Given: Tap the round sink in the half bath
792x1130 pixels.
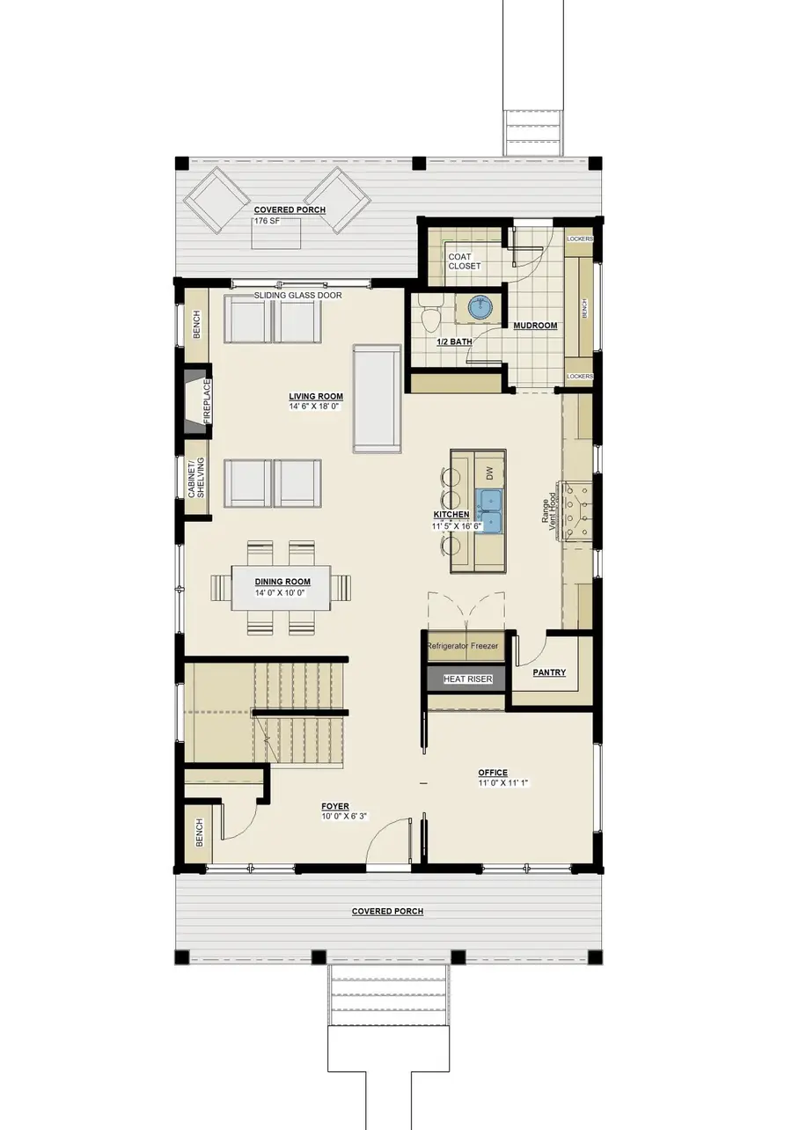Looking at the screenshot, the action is click(x=480, y=307).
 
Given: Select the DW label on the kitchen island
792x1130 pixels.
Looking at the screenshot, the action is click(x=488, y=473).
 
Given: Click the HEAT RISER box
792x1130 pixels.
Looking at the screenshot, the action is click(x=467, y=679).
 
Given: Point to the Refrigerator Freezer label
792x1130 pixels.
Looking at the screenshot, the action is click(x=463, y=646).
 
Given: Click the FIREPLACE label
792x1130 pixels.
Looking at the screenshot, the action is click(x=207, y=401).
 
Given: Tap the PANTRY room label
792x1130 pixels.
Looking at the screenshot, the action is click(x=549, y=672).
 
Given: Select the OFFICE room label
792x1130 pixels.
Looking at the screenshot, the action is click(x=493, y=773).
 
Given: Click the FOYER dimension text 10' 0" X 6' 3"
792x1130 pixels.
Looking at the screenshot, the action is click(x=344, y=816).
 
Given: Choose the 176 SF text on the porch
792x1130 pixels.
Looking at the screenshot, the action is click(x=267, y=220).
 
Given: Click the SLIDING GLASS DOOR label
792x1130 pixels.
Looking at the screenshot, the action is click(x=297, y=295).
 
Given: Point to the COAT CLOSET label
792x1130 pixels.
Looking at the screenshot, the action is click(x=464, y=261).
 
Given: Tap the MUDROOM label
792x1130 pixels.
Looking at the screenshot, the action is click(x=535, y=326).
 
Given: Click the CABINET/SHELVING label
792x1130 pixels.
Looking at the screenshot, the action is click(x=196, y=478).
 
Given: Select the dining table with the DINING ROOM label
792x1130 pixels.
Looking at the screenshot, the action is click(x=281, y=588).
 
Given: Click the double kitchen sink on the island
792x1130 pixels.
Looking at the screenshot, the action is click(x=488, y=511).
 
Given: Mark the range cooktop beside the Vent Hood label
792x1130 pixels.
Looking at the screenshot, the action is click(x=576, y=510).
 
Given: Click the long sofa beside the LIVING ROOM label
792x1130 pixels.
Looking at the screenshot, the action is click(x=377, y=399).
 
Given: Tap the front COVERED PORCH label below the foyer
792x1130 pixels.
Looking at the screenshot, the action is click(x=387, y=911).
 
